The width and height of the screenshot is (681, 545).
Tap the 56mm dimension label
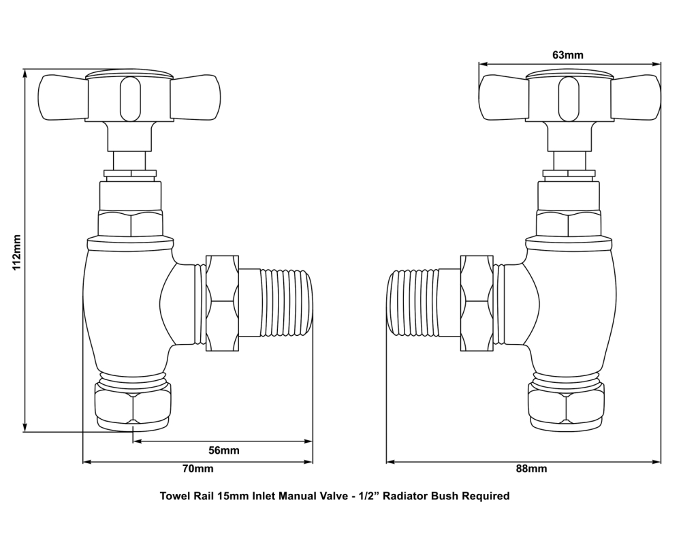point(224,451)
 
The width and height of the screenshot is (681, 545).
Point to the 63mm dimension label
point(568,54)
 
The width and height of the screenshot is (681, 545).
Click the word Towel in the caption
point(174,496)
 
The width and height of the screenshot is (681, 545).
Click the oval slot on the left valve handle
point(128,98)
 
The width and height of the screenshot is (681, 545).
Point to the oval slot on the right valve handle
point(567,98)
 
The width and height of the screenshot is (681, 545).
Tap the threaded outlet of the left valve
point(286,304)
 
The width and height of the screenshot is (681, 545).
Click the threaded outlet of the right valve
point(413,304)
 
